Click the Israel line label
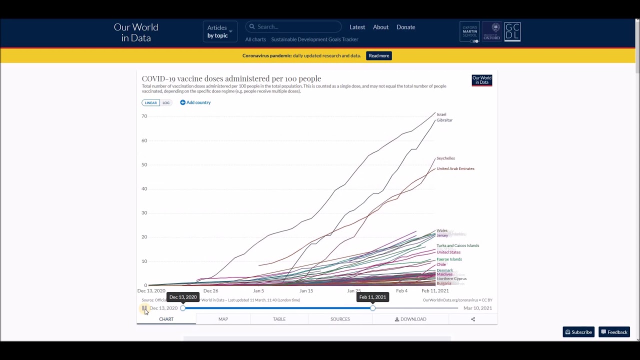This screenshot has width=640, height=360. coord(441,114)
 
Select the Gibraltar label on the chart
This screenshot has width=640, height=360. coord(444,120)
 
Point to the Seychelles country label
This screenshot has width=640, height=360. coord(445,158)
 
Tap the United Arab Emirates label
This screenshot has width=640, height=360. coord(455,168)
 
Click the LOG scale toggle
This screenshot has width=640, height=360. coord(166,103)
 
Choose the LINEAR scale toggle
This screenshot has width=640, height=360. coord(150,103)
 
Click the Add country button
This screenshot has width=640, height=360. coord(195,102)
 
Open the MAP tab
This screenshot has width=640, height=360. coord(223,319)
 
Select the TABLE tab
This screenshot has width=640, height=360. coord(279,319)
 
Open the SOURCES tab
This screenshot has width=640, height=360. coord(340,319)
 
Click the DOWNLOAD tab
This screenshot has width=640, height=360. coord(410,319)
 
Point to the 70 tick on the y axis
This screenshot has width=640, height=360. coord(144,116)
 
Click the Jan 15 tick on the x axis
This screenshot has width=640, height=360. coord(306,290)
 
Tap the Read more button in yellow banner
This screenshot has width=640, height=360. coord(378,55)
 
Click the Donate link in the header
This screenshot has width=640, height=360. coord(405,27)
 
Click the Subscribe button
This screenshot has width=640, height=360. coord(578,332)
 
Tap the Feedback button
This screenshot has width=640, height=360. coord(614,332)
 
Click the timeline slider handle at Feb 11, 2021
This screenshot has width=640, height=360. coord(372,308)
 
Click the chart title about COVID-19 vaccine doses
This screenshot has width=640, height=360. coord(231,78)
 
